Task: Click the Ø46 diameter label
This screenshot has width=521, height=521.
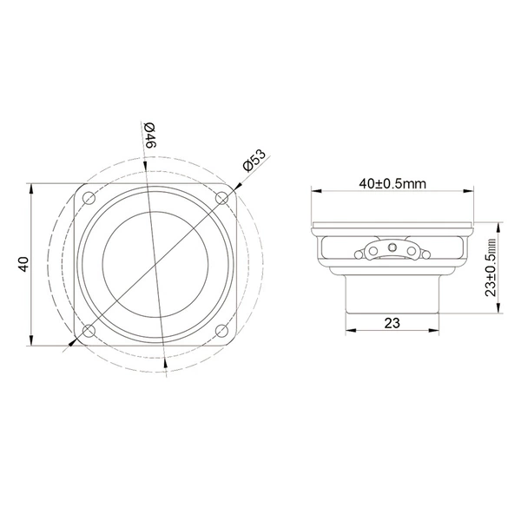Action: pyautogui.click(x=150, y=135)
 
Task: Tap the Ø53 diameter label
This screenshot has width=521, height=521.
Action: pyautogui.click(x=254, y=160)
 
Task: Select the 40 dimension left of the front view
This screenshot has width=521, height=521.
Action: pyautogui.click(x=24, y=265)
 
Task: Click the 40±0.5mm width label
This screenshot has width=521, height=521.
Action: pyautogui.click(x=392, y=183)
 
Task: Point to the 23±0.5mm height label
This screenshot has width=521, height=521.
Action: pyautogui.click(x=491, y=267)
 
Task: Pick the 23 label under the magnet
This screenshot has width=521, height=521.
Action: pyautogui.click(x=392, y=323)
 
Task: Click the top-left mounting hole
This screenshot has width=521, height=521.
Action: pyautogui.click(x=89, y=198)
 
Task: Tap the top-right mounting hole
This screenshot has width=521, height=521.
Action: pyautogui.click(x=221, y=198)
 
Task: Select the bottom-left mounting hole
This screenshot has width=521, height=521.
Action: pyautogui.click(x=89, y=331)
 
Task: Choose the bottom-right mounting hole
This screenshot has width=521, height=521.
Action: pyautogui.click(x=221, y=331)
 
